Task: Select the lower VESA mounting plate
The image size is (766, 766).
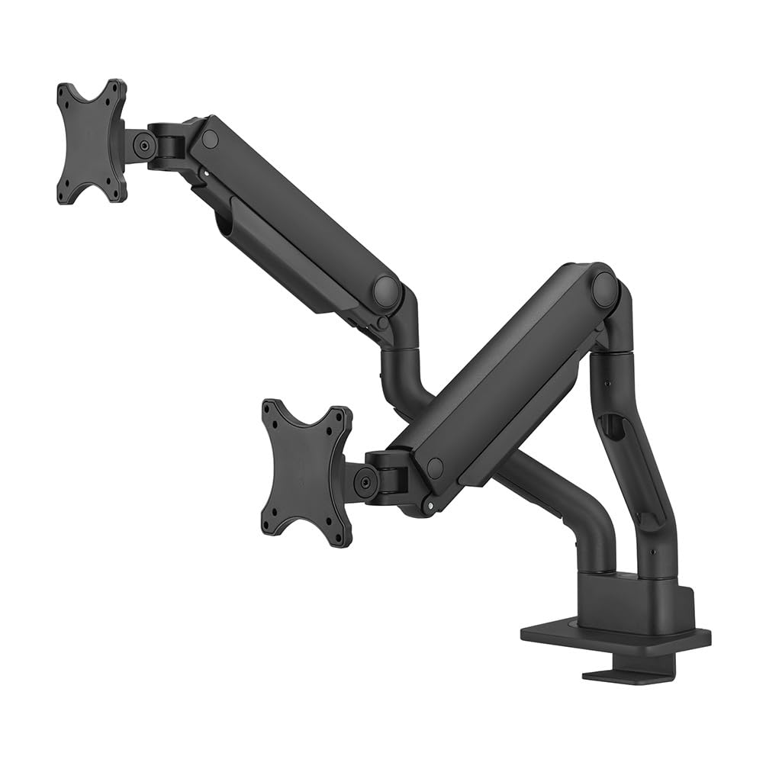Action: pos(306,472)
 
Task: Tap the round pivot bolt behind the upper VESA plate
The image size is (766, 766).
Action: pos(143,143)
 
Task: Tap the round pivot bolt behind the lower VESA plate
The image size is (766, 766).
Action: pos(365,482)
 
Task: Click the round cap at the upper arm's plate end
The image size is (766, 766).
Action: pos(210,139)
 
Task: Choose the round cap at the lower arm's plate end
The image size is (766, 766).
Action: pos(435,468)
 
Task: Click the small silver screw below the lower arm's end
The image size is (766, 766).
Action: pos(432,504)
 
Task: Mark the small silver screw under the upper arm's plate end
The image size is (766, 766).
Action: pos(204,173)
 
